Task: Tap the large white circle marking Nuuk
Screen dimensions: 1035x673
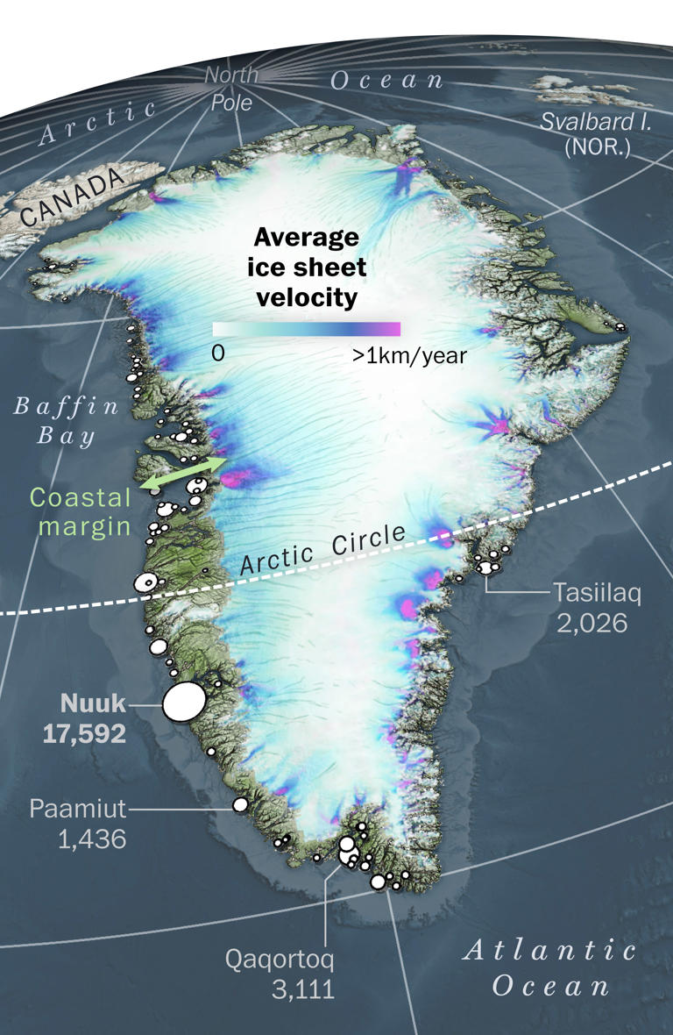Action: pyautogui.click(x=184, y=702)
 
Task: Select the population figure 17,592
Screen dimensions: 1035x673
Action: pyautogui.click(x=84, y=733)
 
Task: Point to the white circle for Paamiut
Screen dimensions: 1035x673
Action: pyautogui.click(x=240, y=804)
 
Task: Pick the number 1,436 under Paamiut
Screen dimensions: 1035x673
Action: pyautogui.click(x=92, y=839)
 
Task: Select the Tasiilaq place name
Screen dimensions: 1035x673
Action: pyautogui.click(x=597, y=593)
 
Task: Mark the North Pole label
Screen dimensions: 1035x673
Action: pyautogui.click(x=231, y=89)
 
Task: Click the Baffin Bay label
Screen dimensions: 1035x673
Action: pyautogui.click(x=65, y=421)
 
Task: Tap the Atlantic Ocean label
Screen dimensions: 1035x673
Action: pyautogui.click(x=550, y=967)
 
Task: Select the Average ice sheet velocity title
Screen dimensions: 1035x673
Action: pyautogui.click(x=306, y=268)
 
